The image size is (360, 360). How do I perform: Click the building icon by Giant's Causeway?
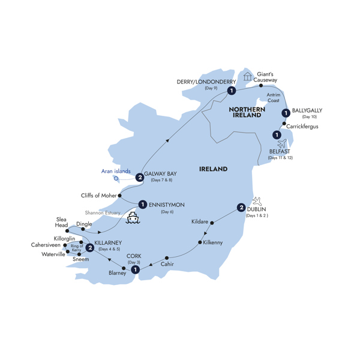click(247, 77)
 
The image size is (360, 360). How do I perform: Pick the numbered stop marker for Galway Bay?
click(139, 177)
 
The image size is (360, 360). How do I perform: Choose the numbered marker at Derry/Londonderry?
click(230, 91)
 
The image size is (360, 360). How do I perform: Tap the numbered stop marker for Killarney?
click(89, 247)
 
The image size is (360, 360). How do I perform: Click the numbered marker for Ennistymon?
click(143, 203)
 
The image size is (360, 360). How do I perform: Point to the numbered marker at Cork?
click(136, 270)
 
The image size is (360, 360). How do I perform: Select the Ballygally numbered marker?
click(286, 112)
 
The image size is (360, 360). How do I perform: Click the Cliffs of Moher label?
click(98, 196)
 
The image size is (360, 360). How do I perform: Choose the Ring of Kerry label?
click(76, 248)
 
